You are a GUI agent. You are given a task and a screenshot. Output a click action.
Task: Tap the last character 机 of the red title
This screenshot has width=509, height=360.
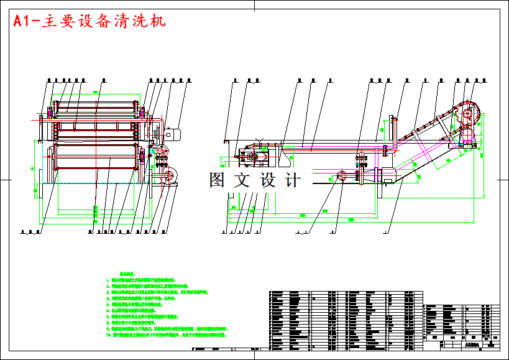click(158, 21)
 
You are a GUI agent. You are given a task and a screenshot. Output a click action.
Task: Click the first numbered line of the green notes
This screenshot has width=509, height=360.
click(149, 280)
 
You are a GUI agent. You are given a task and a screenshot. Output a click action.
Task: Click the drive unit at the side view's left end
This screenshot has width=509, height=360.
click(252, 154)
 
